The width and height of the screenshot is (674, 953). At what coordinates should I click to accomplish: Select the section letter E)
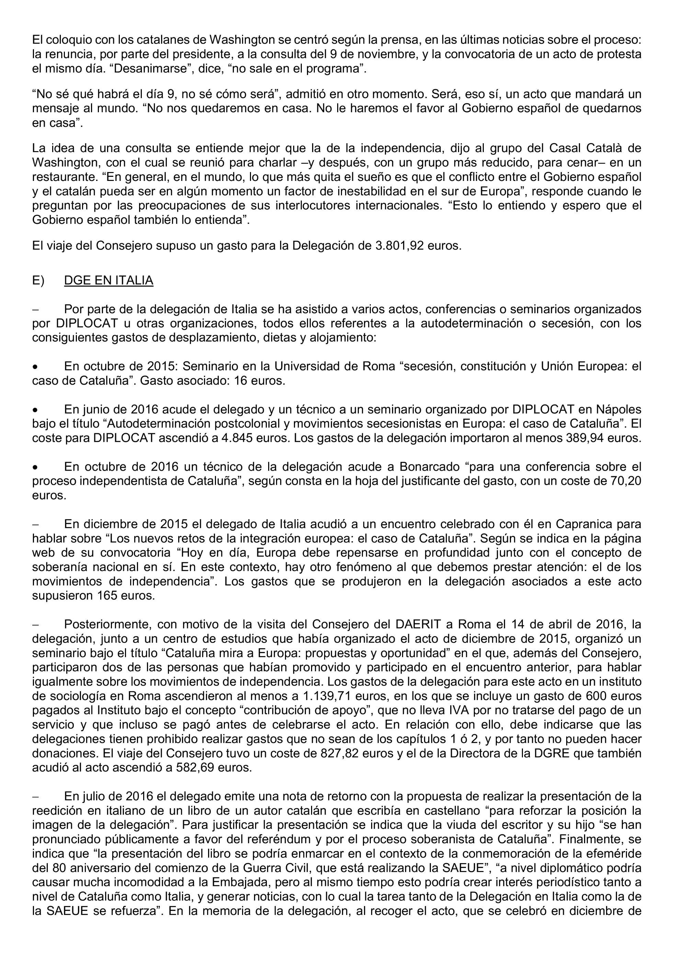pos(38,280)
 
